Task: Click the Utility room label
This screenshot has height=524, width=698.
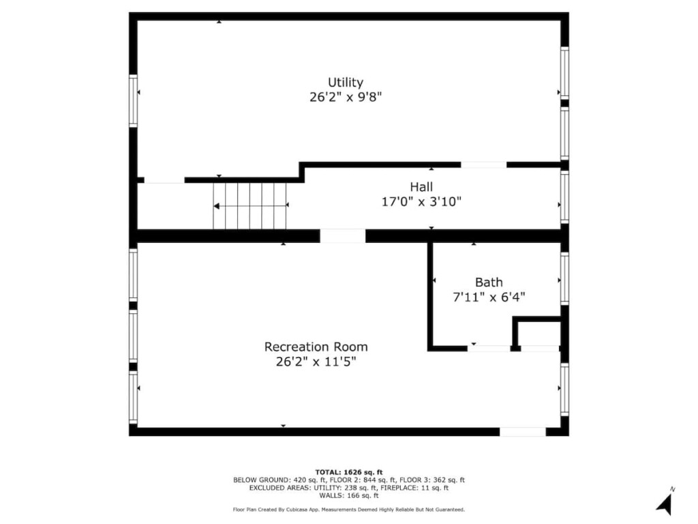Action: tap(346, 83)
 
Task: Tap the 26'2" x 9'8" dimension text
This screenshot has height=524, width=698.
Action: tap(346, 98)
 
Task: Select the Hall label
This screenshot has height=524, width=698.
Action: tap(421, 187)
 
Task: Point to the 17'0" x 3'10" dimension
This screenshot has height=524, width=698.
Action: tap(421, 202)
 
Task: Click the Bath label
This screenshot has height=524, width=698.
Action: tap(489, 282)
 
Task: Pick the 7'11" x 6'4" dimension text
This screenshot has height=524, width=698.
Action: tap(489, 297)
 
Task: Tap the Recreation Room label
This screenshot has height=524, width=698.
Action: tap(316, 347)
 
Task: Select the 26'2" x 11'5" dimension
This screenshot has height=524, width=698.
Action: tap(316, 362)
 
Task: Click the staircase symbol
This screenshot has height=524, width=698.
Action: tap(250, 205)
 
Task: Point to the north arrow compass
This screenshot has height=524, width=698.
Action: tap(665, 502)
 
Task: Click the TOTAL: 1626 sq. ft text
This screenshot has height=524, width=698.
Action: tap(349, 472)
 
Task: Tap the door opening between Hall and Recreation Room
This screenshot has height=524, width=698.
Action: tap(342, 236)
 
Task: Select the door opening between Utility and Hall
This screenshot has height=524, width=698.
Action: tap(483, 164)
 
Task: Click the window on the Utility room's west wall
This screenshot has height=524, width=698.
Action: tap(133, 101)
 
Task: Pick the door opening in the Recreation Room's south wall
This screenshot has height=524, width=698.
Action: tap(522, 432)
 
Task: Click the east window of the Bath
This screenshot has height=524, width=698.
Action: tap(564, 278)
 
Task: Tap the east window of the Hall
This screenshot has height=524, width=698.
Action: tap(564, 197)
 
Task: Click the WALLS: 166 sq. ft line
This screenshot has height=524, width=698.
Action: tap(349, 496)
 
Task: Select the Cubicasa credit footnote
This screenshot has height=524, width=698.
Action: tap(349, 510)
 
